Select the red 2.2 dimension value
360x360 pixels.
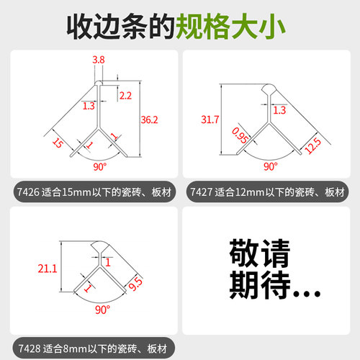click(125, 95)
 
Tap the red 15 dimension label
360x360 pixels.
click(57, 143)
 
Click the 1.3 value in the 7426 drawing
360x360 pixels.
click(89, 106)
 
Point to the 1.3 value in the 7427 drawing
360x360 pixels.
click(280, 109)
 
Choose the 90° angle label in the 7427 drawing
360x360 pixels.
click(270, 166)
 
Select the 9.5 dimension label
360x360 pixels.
click(133, 285)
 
